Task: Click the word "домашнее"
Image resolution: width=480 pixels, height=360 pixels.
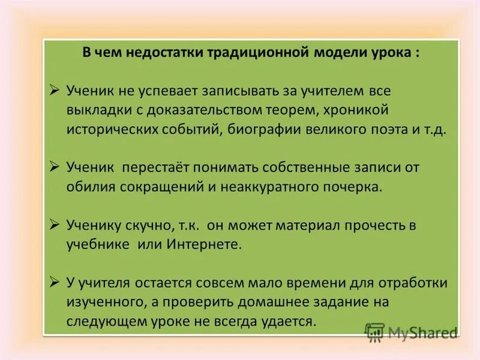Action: [295, 302]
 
